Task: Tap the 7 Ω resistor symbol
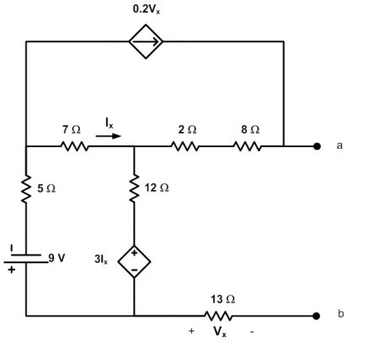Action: tap(74, 146)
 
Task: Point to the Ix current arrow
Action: tap(108, 132)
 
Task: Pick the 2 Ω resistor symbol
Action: tap(186, 146)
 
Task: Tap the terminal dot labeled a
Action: tap(317, 146)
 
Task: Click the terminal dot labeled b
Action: tap(317, 316)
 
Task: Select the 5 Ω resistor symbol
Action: tap(26, 190)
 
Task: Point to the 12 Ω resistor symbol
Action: tap(134, 190)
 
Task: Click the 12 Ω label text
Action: tap(157, 188)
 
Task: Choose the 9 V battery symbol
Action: tap(26, 256)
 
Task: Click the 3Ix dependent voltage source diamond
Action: tap(134, 262)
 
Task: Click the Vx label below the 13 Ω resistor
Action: tap(219, 332)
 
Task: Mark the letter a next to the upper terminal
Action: tap(339, 146)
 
